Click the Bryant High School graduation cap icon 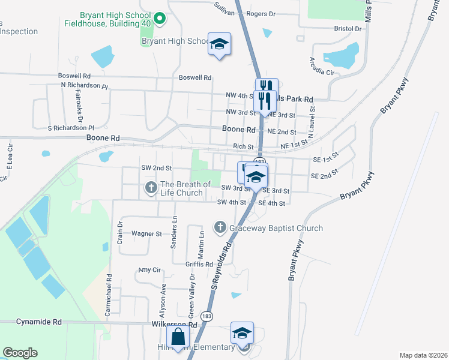220,44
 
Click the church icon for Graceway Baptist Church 220,228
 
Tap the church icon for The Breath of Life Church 151,189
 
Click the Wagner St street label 146,233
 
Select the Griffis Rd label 199,264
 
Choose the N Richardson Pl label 84,86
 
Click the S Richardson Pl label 71,128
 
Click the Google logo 20,353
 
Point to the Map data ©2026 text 423,355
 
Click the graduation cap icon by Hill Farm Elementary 242,333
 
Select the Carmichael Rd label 109,296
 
